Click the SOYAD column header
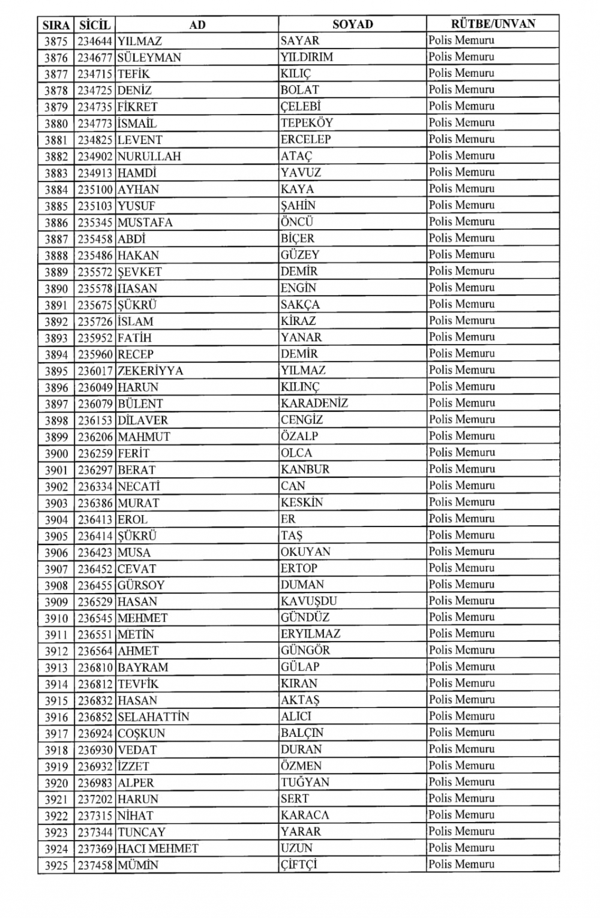click(x=352, y=25)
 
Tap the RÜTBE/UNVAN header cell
click(x=493, y=24)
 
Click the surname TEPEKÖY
click(x=307, y=123)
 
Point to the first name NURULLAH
click(x=149, y=156)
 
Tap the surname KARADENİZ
click(x=314, y=404)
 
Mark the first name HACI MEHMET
click(x=158, y=848)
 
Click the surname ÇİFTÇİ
click(x=298, y=865)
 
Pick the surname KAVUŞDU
click(x=308, y=601)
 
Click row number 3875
click(x=56, y=41)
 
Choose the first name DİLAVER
click(x=143, y=420)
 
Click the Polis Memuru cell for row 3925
click(x=461, y=865)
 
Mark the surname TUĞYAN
click(x=305, y=782)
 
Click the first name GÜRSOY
click(x=141, y=585)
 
